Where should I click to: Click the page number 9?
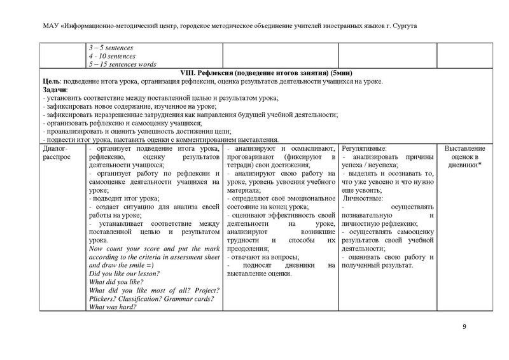pos(464,327)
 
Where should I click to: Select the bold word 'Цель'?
pos(50,82)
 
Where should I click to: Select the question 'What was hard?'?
pos(114,307)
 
